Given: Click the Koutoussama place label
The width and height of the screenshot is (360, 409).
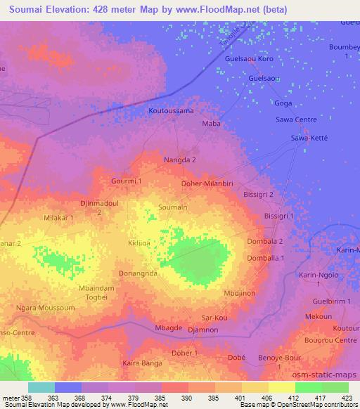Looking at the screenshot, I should pos(171,111).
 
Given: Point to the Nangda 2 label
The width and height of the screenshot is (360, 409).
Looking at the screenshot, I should pos(180,160).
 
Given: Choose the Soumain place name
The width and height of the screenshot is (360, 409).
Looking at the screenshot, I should pos(173,207).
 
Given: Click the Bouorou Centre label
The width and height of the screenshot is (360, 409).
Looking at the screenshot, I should pos(331,340).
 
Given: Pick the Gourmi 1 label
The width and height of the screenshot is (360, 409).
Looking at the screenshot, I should pos(127,181).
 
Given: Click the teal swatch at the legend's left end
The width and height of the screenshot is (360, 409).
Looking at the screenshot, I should pos(41,387).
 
